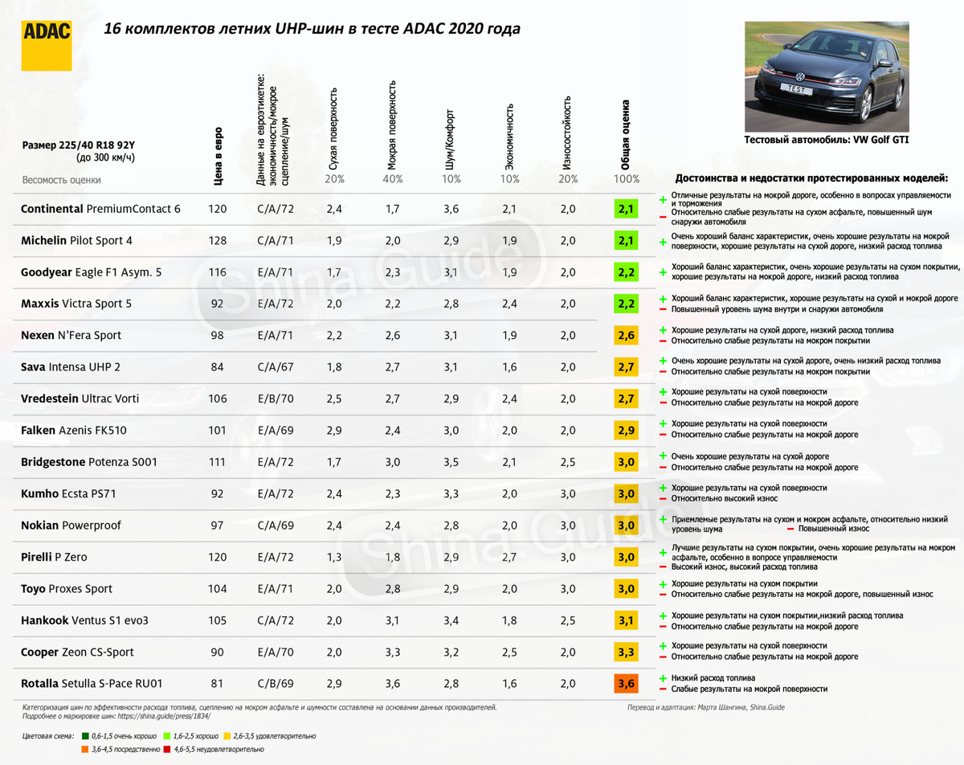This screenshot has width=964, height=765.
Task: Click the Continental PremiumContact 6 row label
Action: [100, 209]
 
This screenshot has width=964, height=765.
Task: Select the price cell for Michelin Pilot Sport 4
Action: [217, 240]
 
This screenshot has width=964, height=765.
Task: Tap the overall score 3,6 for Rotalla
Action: [626, 684]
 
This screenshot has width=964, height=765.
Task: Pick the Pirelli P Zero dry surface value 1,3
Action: [333, 557]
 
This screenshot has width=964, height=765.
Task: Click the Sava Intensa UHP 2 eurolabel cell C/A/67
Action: [276, 367]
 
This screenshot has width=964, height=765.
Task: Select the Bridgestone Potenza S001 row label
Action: [88, 462]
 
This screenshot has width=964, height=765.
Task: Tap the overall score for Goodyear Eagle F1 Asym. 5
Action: [626, 272]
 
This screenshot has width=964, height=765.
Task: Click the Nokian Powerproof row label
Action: [71, 525]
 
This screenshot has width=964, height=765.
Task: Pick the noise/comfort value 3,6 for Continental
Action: [451, 209]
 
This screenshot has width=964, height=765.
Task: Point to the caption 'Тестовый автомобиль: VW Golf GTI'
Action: [827, 139]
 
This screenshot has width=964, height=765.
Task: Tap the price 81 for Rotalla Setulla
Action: [217, 684]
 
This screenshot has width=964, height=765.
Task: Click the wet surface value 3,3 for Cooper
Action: [393, 652]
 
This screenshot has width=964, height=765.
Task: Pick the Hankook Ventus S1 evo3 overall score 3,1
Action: [626, 620]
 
